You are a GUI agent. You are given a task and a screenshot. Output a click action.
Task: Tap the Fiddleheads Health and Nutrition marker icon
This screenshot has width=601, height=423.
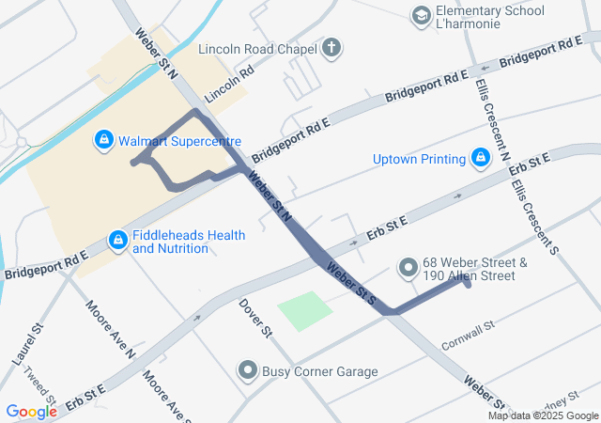click(x=117, y=242)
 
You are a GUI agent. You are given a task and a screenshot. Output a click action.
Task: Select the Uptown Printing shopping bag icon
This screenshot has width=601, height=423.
click(x=481, y=158)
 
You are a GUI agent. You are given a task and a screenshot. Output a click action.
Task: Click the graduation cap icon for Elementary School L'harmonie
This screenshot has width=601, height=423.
click(x=422, y=17)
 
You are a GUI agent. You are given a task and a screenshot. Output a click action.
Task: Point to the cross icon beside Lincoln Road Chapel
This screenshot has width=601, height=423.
click(x=331, y=47)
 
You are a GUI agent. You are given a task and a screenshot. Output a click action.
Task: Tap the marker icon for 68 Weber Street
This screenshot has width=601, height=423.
click(x=408, y=269)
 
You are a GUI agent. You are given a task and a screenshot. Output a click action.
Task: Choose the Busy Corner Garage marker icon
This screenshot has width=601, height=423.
click(x=248, y=371)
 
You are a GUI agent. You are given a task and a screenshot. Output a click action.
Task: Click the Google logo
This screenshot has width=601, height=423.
click(x=31, y=412)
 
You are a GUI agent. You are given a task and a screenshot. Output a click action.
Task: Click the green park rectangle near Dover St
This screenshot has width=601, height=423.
click(x=305, y=310)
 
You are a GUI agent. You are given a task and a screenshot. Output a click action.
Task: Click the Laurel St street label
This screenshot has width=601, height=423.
click(x=37, y=343)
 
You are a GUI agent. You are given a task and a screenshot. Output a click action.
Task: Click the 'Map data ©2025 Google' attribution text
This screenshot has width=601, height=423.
click(x=543, y=415)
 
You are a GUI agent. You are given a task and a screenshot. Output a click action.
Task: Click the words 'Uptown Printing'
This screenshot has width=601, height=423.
click(x=419, y=158)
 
